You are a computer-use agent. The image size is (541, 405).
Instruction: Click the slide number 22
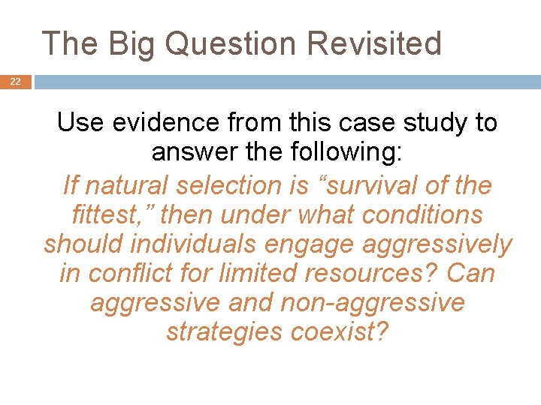[x=15, y=82]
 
